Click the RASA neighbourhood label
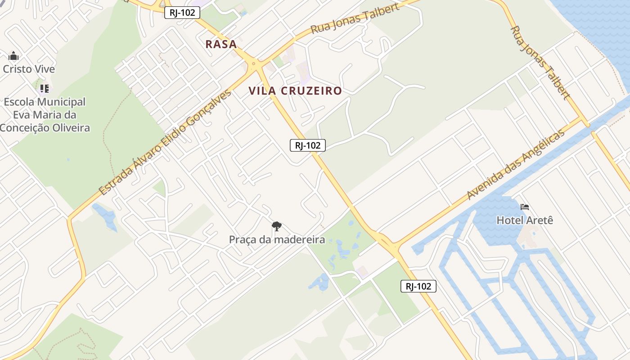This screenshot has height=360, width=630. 221,44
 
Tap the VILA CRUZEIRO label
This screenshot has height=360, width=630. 295,91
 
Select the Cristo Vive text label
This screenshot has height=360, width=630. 29,69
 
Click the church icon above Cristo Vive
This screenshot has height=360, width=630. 13,56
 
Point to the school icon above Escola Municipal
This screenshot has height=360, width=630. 44,88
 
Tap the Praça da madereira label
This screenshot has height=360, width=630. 277,239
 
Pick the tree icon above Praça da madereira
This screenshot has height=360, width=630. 277,226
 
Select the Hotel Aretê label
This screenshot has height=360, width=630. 524,220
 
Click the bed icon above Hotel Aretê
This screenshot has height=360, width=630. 525,207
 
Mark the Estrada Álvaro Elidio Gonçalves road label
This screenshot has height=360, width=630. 165,142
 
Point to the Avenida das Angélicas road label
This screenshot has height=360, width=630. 515,165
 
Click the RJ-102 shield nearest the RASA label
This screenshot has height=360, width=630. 182,13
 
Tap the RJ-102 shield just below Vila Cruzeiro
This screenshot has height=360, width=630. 308,145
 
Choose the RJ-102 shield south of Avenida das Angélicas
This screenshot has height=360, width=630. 418,286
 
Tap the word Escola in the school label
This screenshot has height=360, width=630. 21,102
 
